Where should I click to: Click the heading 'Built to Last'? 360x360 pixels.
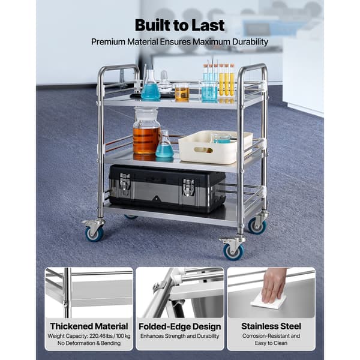pyautogui.click(x=179, y=25)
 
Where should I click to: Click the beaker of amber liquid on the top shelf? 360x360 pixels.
pyautogui.click(x=182, y=92)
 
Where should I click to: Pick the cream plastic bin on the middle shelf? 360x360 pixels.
pyautogui.click(x=215, y=146)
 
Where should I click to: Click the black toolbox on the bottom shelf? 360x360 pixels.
pyautogui.click(x=167, y=188)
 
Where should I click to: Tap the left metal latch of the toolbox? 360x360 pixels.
pyautogui.click(x=125, y=184)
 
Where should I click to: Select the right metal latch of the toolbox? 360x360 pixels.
pyautogui.click(x=188, y=187)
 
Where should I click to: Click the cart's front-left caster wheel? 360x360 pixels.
pyautogui.click(x=94, y=233)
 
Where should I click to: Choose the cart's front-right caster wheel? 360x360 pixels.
pyautogui.click(x=233, y=251)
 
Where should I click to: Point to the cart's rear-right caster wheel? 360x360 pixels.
pyautogui.click(x=257, y=226)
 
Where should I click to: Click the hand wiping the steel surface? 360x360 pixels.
pyautogui.click(x=273, y=284)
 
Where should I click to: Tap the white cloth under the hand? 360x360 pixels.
pyautogui.click(x=268, y=301)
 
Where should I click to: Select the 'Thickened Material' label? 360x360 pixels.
pyautogui.click(x=89, y=326)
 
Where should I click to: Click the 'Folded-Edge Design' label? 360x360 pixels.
pyautogui.click(x=180, y=326)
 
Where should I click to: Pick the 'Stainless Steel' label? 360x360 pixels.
pyautogui.click(x=271, y=326)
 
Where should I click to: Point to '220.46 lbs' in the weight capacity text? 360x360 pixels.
pyautogui.click(x=101, y=336)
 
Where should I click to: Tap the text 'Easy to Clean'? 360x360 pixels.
pyautogui.click(x=271, y=343)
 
